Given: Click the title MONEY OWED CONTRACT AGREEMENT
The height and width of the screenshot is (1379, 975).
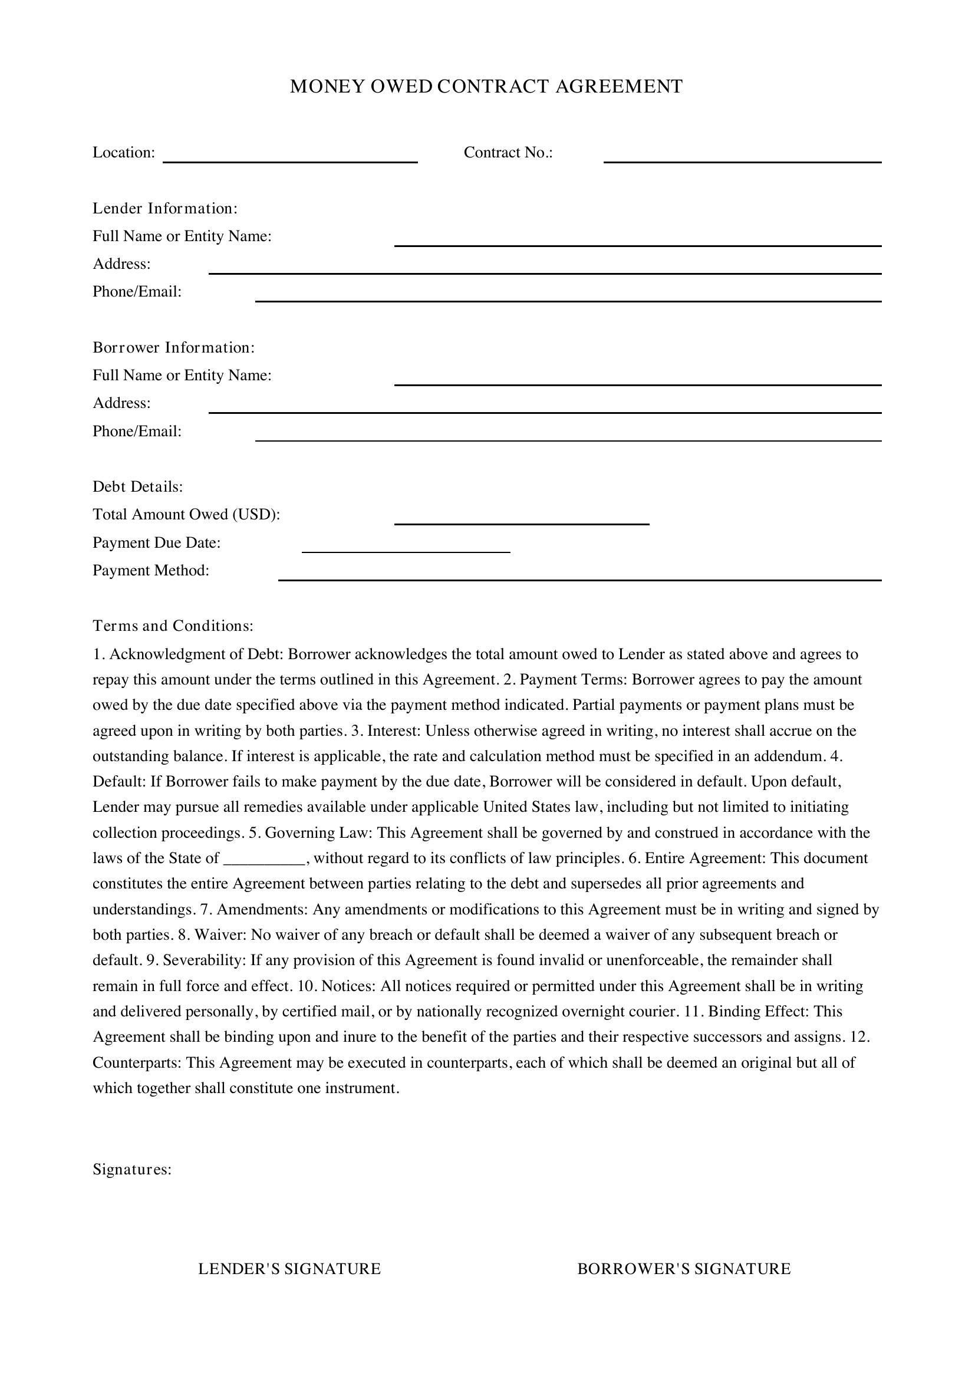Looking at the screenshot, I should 486,87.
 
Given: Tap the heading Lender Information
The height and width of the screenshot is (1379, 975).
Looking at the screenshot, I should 165,208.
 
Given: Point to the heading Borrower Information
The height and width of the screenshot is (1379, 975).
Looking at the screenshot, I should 173,348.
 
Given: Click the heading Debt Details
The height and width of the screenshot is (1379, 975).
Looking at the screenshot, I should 137,487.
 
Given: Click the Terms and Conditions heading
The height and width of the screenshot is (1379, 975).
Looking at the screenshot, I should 173,627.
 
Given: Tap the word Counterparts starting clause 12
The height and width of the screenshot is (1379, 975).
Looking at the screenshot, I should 136,1063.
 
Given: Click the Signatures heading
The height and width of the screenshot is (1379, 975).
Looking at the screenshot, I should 132,1170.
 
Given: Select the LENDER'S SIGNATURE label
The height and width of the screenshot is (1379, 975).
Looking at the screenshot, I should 289,1269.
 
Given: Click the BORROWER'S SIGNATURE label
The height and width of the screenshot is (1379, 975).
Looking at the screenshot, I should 684,1269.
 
